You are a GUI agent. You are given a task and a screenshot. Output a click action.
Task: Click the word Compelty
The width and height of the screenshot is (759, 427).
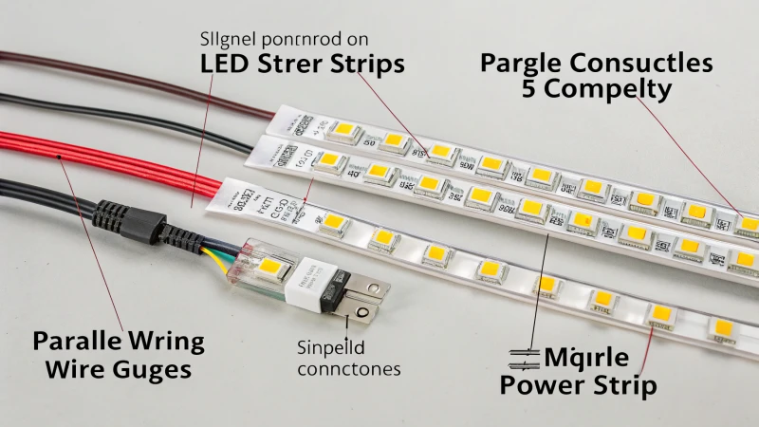pyautogui.click(x=607, y=91)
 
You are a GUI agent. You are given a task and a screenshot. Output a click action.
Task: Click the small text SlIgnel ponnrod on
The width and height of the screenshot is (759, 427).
pyautogui.click(x=285, y=40)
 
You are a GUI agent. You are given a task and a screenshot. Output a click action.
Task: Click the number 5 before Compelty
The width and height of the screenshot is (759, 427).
pyautogui.click(x=530, y=91)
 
